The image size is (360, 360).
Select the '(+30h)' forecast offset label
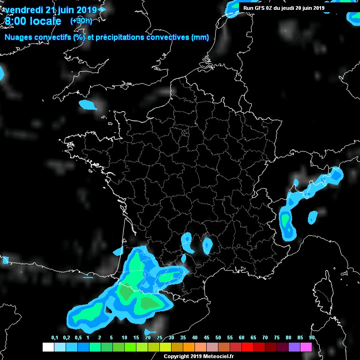coord(81,21)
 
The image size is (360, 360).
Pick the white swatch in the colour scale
coord(48,347)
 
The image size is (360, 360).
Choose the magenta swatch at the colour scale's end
coord(306,347)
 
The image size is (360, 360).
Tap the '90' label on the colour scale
coord(312,338)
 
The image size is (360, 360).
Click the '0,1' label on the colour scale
coord(54,338)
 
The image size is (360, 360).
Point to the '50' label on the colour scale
coord(218,338)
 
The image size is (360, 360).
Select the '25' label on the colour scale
coord(159,338)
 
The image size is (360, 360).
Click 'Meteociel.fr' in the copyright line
coord(219,357)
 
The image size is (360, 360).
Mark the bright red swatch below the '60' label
coord(247,347)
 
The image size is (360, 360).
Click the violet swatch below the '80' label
coord(294,347)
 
